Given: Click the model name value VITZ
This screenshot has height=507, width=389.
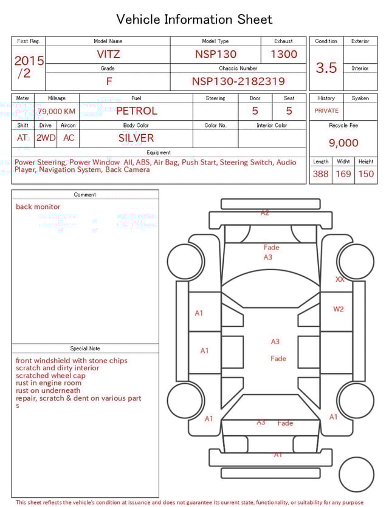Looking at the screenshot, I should coord(108,54).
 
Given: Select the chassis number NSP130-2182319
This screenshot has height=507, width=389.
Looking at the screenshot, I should coord(238,81).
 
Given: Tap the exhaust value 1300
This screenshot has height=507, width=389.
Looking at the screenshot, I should coord(284,54).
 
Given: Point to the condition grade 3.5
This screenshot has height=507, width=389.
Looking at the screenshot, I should coord(326,68).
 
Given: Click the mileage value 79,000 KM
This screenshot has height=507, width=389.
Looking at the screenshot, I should coord(57,111).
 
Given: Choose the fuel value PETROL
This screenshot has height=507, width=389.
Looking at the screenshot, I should coord(136,111).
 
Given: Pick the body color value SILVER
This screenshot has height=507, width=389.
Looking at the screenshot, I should coord(136,138).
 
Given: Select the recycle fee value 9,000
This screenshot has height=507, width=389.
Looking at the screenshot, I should coord(343,143).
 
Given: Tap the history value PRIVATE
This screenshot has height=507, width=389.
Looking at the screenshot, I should coord(326,111).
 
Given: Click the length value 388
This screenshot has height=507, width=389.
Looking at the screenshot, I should coord(320,174).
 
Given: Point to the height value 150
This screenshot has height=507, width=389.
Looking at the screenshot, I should coord(366,174).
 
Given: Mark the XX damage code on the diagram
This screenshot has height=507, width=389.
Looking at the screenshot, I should coord(340,279).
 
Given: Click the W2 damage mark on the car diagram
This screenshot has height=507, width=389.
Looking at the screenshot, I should coord(339,309).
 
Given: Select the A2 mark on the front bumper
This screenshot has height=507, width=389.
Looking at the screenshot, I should coord(265,213).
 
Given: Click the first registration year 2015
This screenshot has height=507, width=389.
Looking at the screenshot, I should coord(29,61).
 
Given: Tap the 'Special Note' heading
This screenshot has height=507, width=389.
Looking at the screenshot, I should coord(85,349).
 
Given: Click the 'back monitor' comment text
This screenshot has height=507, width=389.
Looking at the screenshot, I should coord(38,206).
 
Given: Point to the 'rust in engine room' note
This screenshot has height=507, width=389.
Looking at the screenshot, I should coord(49,383).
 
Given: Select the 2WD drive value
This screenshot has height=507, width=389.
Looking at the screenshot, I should coord(46,138).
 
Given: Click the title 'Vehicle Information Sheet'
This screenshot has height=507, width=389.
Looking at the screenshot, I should coord(194,19).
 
